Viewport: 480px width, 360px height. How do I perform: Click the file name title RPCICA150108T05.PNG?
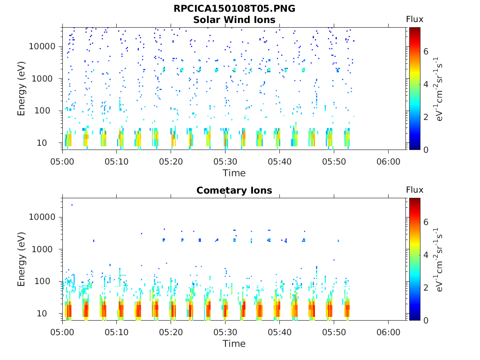pos(234,8)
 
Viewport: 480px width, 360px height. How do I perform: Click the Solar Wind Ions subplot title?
pos(234,20)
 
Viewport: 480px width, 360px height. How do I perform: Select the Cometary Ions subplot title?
pos(234,190)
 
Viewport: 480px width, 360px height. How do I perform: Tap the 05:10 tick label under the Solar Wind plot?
pos(116,162)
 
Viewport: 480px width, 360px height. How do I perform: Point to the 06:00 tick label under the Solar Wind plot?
pos(388,162)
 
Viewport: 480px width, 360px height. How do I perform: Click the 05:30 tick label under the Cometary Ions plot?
pos(225,332)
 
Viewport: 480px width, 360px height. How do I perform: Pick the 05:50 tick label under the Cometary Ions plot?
pos(334,332)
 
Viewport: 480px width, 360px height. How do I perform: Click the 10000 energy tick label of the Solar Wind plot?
pos(42,46)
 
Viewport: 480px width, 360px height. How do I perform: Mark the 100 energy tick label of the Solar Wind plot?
pos(42,111)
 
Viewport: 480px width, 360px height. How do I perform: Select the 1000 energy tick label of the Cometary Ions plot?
pos(42,249)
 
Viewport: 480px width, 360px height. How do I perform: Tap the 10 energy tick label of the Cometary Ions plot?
pos(42,314)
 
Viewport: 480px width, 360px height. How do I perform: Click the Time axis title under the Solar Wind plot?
pos(234,173)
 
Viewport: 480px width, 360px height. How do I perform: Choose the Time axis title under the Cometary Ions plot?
pos(234,344)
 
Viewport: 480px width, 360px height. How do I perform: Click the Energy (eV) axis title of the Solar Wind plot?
pos(21,89)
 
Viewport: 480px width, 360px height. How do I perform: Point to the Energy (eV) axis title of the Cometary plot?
pos(21,259)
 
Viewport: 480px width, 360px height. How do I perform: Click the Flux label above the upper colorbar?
pos(414,19)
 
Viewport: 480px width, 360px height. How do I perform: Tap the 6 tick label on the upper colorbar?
pos(426,52)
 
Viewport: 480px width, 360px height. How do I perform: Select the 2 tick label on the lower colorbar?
pos(426,288)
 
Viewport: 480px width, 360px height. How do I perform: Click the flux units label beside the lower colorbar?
pos(439,259)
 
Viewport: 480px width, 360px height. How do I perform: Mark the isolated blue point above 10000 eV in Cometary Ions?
pos(72,205)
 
